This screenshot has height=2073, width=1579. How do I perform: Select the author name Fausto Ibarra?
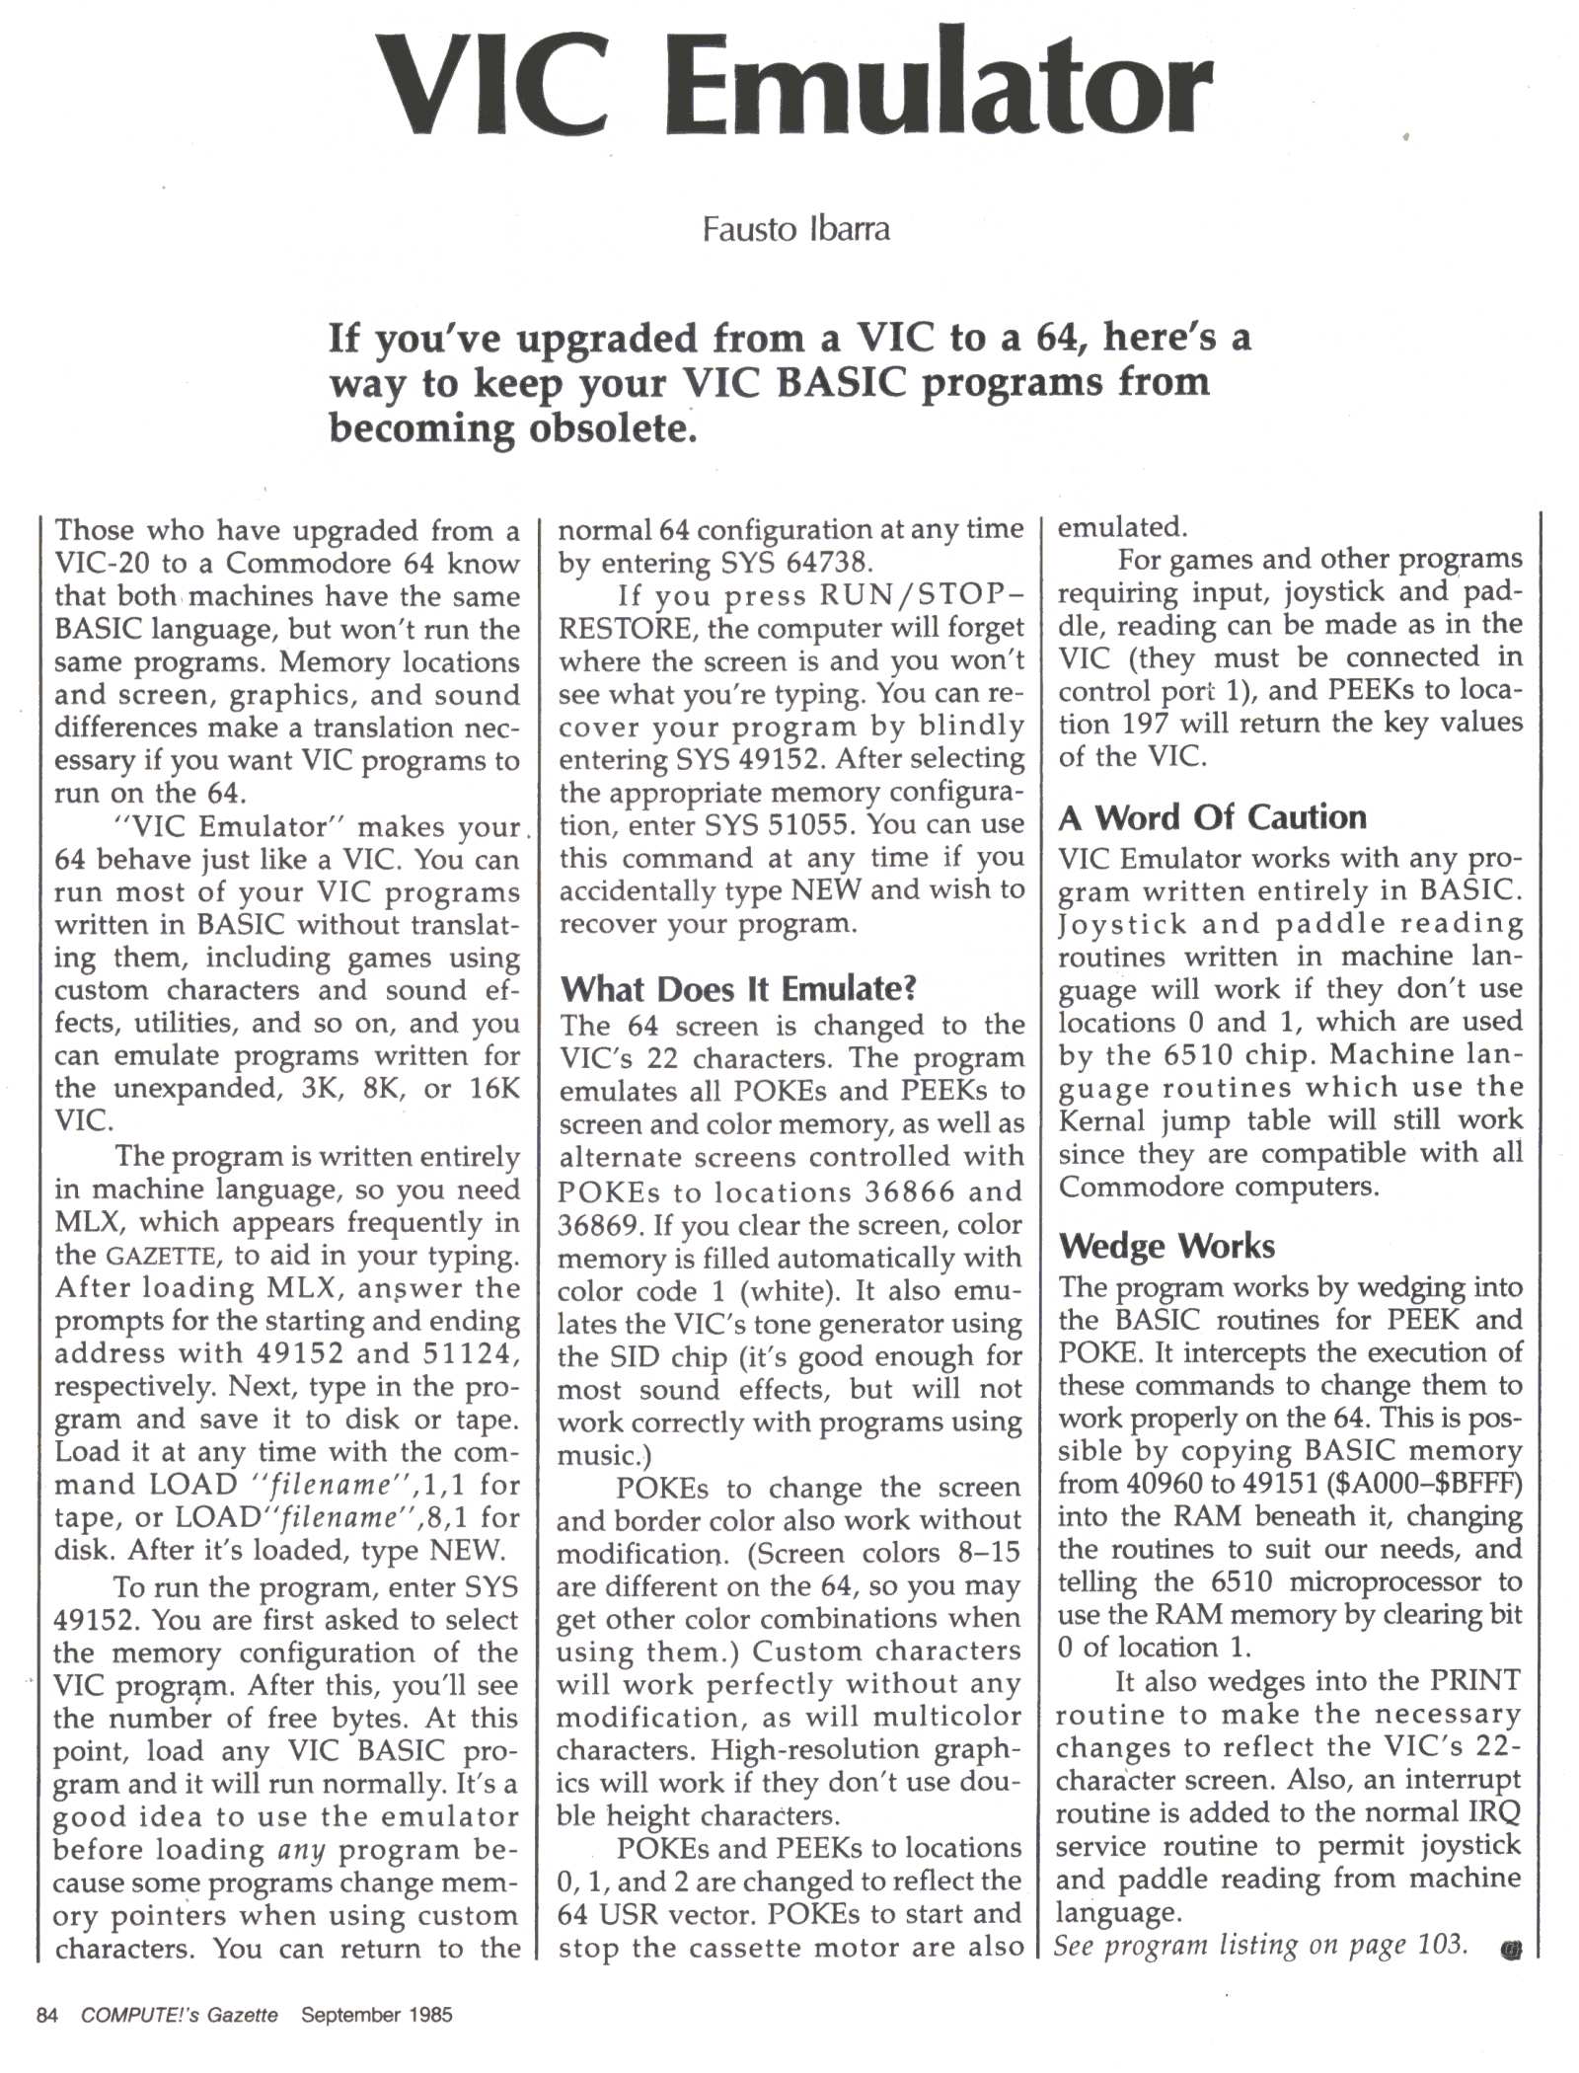click(x=795, y=229)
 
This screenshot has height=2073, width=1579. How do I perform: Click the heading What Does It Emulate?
click(x=738, y=988)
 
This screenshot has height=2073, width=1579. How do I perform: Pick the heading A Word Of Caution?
click(x=1212, y=817)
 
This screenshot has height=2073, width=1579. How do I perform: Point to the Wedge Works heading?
click(x=1166, y=1246)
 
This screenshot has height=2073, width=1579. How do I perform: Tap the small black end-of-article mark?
click(x=1510, y=1950)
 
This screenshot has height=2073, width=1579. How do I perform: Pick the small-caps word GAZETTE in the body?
click(x=160, y=1257)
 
